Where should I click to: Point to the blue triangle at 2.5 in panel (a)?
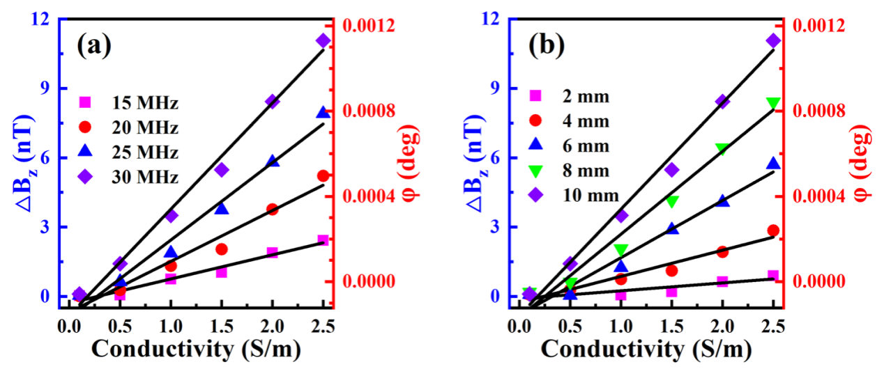tap(323, 112)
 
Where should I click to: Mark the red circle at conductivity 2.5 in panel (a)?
tap(323, 175)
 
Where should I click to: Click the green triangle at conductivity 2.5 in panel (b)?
tap(773, 103)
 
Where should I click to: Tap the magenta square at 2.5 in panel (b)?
tap(773, 276)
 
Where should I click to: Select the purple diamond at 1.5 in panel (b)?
tap(672, 170)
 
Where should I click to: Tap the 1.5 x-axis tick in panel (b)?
tap(672, 325)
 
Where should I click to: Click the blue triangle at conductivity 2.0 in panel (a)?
tap(272, 161)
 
